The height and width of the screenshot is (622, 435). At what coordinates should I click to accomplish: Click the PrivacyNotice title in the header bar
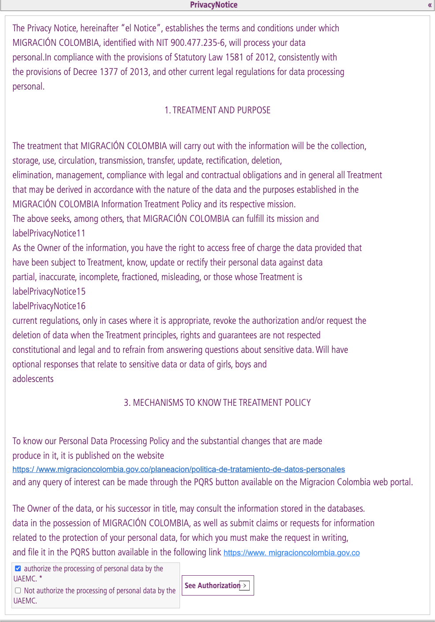click(x=214, y=5)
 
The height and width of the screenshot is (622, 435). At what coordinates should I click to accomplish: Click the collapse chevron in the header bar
click(x=429, y=5)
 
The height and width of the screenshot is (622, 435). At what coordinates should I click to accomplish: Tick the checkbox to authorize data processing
click(x=18, y=569)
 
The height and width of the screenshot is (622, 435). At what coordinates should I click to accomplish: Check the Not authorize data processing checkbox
click(x=18, y=591)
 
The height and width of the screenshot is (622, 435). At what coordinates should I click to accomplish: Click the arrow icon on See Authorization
click(x=244, y=585)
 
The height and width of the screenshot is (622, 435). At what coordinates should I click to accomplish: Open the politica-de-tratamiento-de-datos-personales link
click(x=179, y=469)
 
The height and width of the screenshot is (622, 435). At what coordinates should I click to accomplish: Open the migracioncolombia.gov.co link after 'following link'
click(x=292, y=553)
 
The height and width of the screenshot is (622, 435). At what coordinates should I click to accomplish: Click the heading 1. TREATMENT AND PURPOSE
click(x=217, y=110)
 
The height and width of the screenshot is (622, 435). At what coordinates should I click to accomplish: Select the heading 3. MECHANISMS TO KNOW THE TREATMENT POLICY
click(x=217, y=403)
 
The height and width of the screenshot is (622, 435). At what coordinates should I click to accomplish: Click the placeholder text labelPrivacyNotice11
click(x=49, y=233)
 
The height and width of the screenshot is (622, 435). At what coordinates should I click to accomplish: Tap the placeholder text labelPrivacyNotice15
click(x=49, y=292)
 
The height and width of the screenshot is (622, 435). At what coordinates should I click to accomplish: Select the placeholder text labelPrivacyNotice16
click(x=49, y=306)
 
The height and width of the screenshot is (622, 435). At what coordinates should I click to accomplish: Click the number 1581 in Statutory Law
click(x=234, y=57)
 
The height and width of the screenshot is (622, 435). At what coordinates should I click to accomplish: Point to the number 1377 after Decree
click(x=109, y=72)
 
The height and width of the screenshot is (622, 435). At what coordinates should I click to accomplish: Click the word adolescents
click(x=33, y=379)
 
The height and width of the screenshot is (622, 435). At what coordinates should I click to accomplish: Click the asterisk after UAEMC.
click(x=41, y=578)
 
